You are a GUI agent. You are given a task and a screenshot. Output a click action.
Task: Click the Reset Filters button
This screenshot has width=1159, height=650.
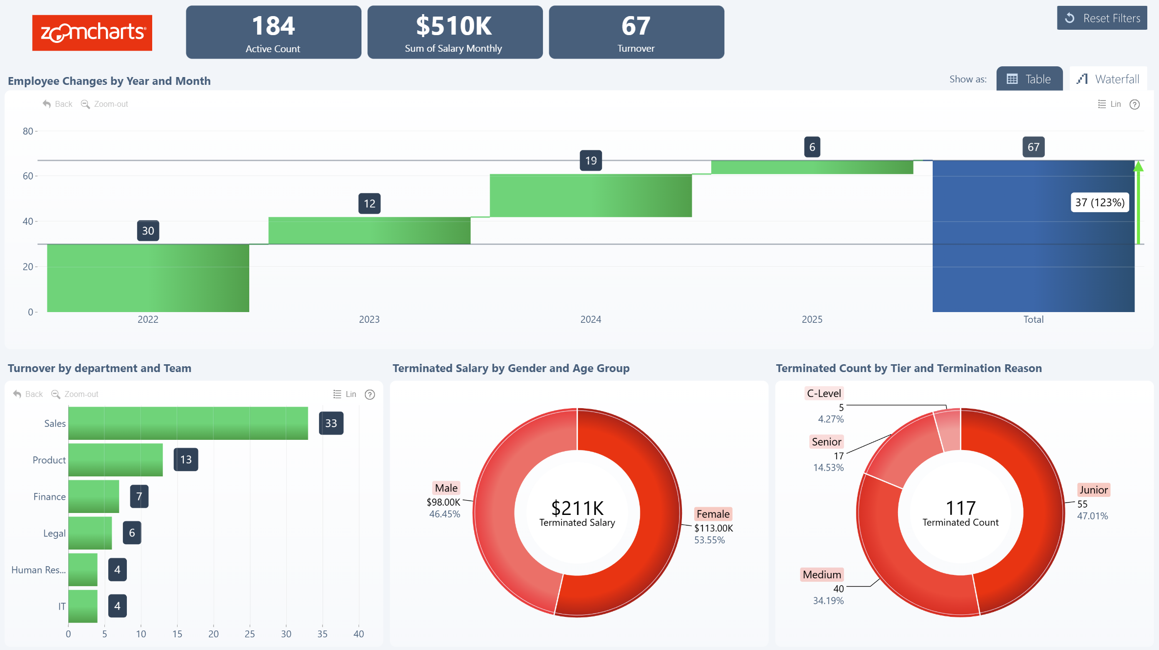tap(1101, 18)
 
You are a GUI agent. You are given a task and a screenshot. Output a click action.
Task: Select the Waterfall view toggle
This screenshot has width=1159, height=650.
tap(1108, 79)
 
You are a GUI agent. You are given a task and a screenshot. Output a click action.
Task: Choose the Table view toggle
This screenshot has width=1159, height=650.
tap(1029, 79)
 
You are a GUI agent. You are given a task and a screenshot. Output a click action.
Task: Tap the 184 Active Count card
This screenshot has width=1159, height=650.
tap(273, 32)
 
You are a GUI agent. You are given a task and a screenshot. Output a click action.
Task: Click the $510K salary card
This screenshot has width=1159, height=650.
tap(455, 32)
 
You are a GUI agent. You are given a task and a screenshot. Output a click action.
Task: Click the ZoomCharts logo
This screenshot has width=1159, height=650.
tap(92, 33)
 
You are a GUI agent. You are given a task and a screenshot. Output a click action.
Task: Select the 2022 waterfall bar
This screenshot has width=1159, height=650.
tap(148, 277)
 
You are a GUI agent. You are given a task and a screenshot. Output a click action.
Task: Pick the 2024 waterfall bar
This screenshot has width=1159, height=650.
tap(590, 196)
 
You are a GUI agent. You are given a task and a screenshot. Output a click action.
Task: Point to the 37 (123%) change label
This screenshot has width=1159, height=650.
tap(1099, 202)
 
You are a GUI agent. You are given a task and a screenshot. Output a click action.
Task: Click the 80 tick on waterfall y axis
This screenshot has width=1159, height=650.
tap(28, 131)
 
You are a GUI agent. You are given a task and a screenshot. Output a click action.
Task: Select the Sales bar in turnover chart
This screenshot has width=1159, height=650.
tap(188, 423)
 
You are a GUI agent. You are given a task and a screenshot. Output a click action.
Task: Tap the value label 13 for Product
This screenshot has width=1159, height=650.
tap(186, 459)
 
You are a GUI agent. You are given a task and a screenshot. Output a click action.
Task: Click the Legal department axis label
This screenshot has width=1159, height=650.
tap(54, 533)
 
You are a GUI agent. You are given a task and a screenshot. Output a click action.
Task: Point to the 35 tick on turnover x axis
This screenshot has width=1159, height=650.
tap(322, 634)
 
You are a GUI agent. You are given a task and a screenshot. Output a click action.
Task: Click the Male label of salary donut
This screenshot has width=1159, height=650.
tap(446, 488)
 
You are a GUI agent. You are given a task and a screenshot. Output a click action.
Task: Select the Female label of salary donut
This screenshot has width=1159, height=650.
tap(713, 514)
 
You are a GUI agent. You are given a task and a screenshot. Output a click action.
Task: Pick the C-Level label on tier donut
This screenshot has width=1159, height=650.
tap(823, 394)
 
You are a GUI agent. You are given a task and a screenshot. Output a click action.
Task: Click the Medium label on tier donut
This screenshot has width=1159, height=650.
tap(821, 574)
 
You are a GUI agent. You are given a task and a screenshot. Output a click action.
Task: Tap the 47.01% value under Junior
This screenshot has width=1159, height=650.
tap(1092, 516)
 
